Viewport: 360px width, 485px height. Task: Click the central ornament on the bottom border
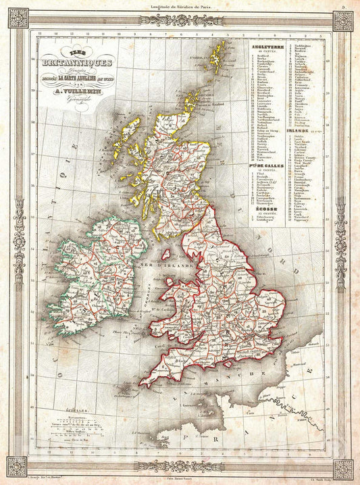pos(180,466)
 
